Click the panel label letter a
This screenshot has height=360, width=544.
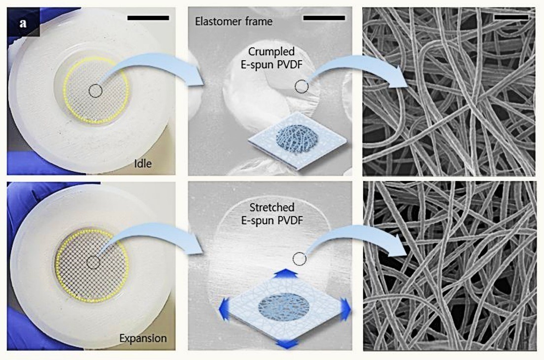[23, 24]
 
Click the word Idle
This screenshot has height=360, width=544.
[143, 163]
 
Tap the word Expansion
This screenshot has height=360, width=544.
[143, 338]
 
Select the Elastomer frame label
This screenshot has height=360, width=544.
[234, 22]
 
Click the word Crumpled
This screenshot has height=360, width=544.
[272, 52]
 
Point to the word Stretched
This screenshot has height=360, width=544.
[272, 207]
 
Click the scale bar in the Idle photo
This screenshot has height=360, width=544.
[148, 18]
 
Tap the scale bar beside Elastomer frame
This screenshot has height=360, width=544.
[324, 18]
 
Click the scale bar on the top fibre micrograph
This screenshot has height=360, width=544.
[511, 17]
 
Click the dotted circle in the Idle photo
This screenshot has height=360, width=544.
[96, 91]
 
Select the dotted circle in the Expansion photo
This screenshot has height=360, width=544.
[93, 262]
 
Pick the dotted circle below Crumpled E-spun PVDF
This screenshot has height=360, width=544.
[302, 86]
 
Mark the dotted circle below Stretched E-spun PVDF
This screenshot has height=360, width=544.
[300, 258]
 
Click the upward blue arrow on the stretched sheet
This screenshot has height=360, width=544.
[285, 273]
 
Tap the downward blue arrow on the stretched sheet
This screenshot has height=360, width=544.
[287, 344]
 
